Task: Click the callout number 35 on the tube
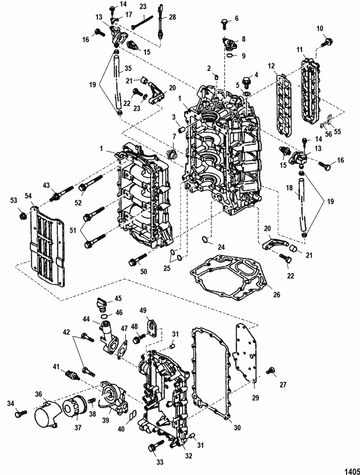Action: tap(128, 69)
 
